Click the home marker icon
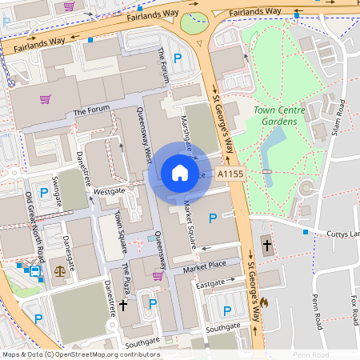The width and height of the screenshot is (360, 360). [180, 172]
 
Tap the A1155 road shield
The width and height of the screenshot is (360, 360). [230, 174]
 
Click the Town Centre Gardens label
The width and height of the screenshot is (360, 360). [274, 115]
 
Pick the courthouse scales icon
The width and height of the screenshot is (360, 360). [59, 271]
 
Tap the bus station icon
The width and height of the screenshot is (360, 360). [34, 272]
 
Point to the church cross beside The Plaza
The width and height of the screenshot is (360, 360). [123, 305]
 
